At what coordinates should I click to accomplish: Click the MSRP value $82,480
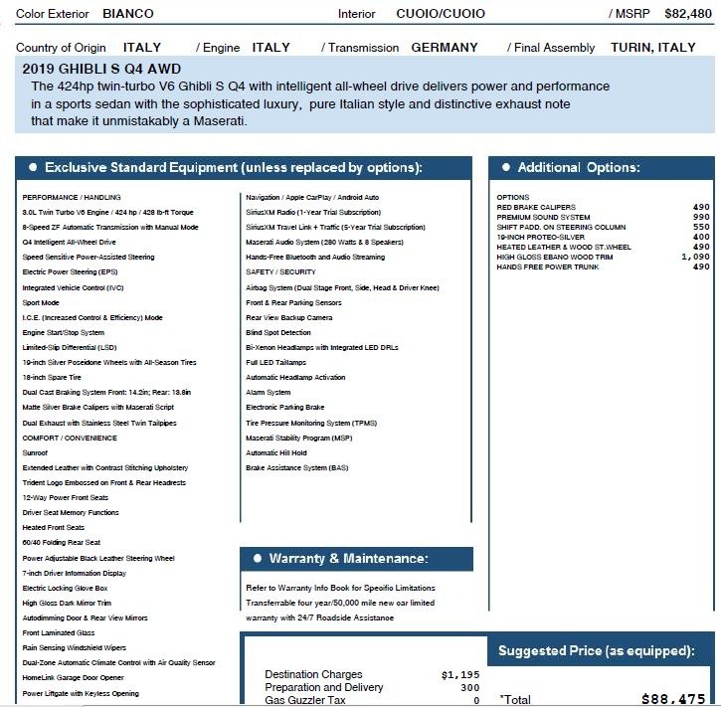coord(688,15)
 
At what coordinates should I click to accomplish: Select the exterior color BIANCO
coord(125,15)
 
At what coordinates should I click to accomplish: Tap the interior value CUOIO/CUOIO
coord(441,15)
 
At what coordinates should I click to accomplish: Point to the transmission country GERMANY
coord(445,48)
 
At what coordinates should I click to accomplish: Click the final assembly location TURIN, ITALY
coord(653,48)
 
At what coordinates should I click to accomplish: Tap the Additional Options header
coord(579,168)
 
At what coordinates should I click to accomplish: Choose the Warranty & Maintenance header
coord(348,559)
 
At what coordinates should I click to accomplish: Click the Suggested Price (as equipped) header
coord(596,651)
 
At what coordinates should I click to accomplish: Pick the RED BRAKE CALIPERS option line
coord(536,208)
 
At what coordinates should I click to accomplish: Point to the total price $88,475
coord(673,699)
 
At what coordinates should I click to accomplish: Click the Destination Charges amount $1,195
coord(459,675)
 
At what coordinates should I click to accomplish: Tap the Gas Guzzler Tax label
coord(305,700)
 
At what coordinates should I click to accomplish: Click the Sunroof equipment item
coord(35,451)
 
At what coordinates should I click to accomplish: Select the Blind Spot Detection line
coord(278,333)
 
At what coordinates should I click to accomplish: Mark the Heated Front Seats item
coord(54,527)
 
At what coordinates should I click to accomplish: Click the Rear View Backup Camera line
coord(289,318)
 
